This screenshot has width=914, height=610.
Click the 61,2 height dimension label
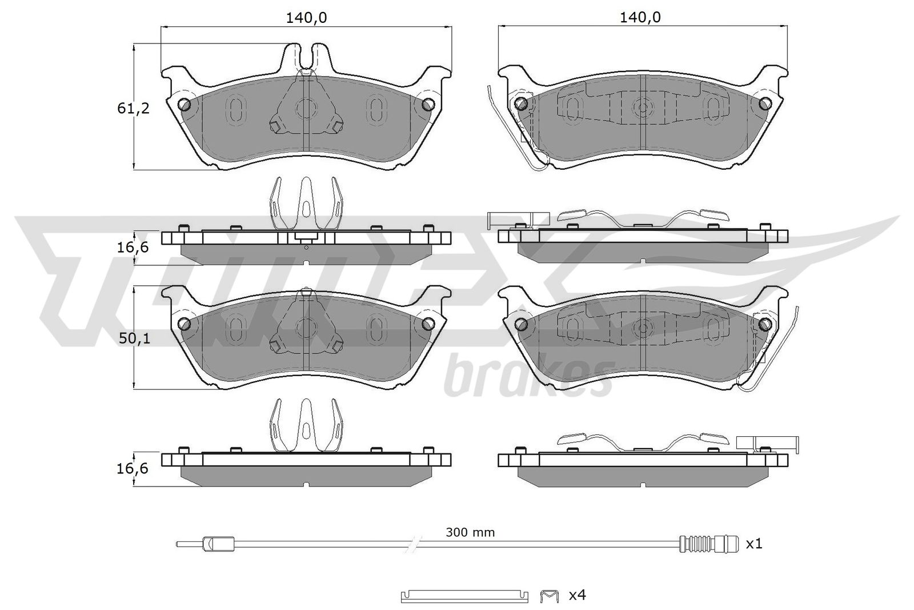pyautogui.click(x=134, y=108)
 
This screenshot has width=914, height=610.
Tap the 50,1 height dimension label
pyautogui.click(x=134, y=338)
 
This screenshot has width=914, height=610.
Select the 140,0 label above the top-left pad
pyautogui.click(x=306, y=18)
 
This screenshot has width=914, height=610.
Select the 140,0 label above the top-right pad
pyautogui.click(x=640, y=18)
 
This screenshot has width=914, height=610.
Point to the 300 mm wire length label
pyautogui.click(x=470, y=532)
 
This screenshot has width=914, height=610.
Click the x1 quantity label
pyautogui.click(x=754, y=544)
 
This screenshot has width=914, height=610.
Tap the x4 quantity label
pyautogui.click(x=578, y=595)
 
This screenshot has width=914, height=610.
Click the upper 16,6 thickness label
pyautogui.click(x=133, y=247)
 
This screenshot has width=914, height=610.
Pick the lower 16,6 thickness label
pyautogui.click(x=133, y=468)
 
